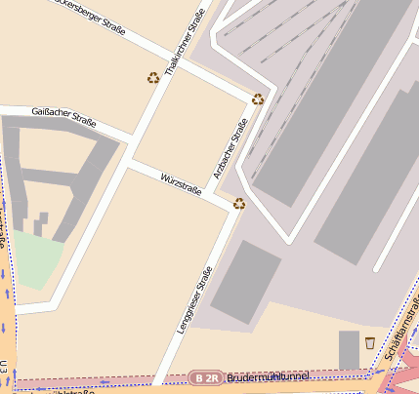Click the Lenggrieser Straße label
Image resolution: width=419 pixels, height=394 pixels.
pos(194,306)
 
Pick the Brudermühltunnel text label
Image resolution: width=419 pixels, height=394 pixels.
pos(267,376)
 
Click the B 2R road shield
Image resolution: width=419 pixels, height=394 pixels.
pos(205,377)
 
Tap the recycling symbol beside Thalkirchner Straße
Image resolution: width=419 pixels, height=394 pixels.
pos(152,78)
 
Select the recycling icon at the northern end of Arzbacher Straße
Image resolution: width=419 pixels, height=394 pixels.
pos(258,98)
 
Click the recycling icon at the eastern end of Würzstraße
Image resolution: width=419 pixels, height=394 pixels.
pos(239,204)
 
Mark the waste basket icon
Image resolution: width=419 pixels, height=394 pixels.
pos(369,342)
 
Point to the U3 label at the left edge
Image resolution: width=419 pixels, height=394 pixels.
pos(5,370)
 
